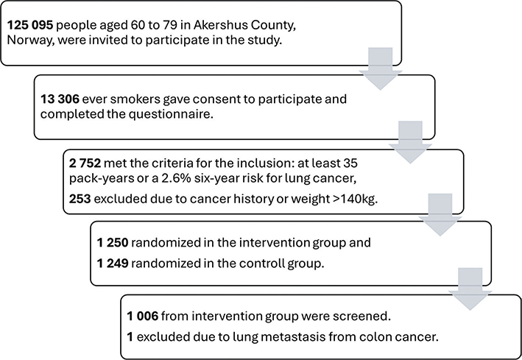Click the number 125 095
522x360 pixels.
30,25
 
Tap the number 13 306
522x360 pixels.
60,99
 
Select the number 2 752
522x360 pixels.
85,163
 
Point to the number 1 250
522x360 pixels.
113,242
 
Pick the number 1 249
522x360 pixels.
113,264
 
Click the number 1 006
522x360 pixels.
143,316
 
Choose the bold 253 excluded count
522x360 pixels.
80,199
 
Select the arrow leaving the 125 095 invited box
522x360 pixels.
380,68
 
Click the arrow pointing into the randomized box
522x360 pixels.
440,215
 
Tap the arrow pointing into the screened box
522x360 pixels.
470,289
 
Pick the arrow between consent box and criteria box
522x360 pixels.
410,142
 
